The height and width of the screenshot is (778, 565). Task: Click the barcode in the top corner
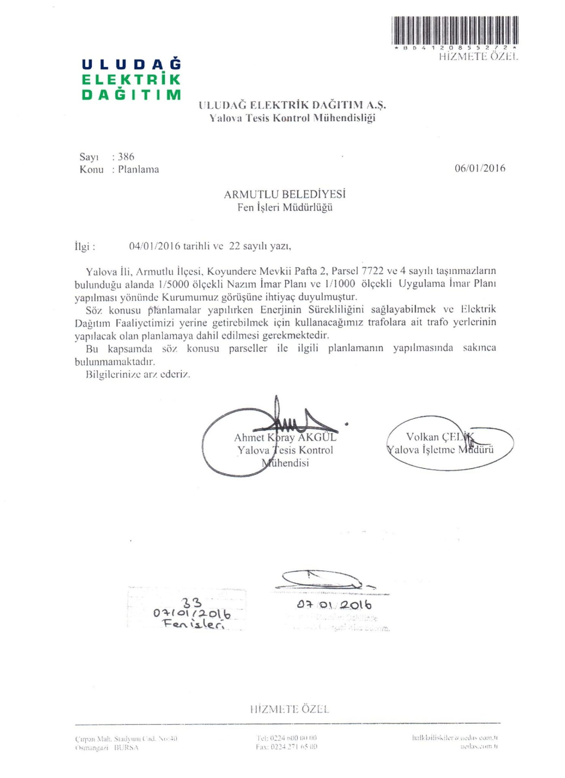point(455,30)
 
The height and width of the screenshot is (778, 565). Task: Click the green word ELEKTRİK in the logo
point(131,79)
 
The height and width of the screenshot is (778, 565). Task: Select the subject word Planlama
point(139,169)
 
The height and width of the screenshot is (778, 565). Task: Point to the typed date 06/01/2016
point(480,168)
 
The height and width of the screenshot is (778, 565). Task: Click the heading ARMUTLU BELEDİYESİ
point(285,194)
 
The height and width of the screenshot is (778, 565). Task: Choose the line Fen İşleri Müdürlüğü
point(285,207)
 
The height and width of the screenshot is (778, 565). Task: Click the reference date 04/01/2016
point(155,246)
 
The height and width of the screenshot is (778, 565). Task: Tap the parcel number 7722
point(372,271)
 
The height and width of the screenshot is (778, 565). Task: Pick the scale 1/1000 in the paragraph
point(340,284)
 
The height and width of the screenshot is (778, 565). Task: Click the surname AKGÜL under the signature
point(317,438)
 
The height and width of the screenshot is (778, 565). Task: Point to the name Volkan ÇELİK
point(439,437)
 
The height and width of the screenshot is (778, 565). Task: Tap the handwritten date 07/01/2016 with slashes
point(192,613)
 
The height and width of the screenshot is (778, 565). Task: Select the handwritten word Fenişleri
point(193,624)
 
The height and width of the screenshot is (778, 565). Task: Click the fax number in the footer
point(286,746)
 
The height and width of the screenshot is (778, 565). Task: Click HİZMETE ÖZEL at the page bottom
point(289,709)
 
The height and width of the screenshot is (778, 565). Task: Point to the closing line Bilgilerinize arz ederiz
point(138,374)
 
